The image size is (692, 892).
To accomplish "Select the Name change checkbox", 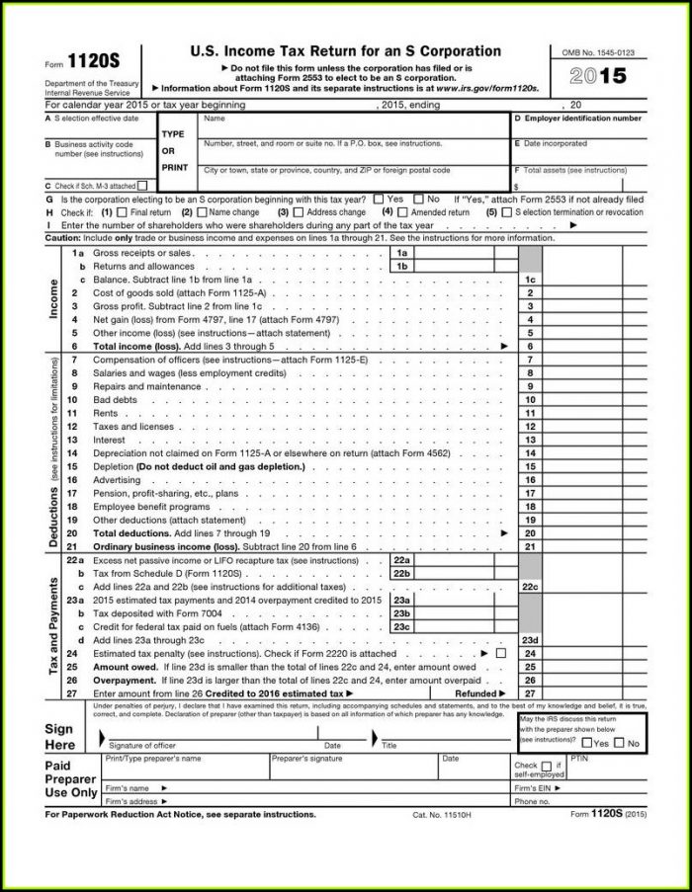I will click(202, 211).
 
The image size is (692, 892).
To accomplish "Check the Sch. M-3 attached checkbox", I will click(142, 185).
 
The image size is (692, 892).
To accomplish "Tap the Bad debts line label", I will click(114, 399).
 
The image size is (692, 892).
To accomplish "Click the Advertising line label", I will click(117, 479).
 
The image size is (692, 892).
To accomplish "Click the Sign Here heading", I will click(59, 736).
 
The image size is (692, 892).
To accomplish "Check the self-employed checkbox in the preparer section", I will click(546, 766).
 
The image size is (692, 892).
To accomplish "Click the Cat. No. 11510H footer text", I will click(442, 815).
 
